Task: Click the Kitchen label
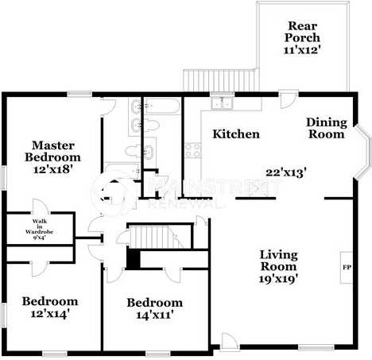[235, 134]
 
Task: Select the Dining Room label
[327, 128]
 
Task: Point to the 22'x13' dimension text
[286, 172]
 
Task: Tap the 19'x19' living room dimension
[279, 280]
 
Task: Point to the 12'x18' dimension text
[56, 169]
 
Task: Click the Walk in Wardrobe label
[38, 228]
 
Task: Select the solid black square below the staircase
[134, 258]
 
